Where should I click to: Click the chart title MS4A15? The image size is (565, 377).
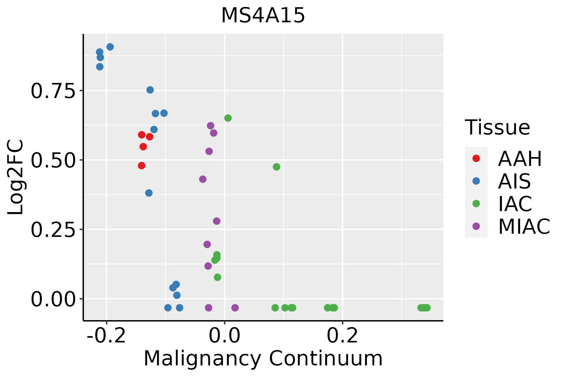point(263,16)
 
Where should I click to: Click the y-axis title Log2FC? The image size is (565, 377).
point(16,178)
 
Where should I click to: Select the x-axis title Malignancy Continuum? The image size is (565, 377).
point(263,358)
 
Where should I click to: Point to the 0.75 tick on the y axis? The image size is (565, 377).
point(53,91)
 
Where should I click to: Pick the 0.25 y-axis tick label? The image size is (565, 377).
point(53,230)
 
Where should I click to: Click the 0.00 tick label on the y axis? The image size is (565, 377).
point(53,299)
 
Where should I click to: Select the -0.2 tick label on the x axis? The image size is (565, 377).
point(106,336)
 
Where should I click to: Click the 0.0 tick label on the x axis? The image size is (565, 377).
point(224,336)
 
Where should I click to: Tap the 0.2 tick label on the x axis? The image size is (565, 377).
point(342,336)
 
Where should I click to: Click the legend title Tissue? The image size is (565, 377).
point(498,128)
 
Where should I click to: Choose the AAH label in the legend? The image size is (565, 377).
point(520,159)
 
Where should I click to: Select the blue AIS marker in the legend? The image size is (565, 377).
point(476,181)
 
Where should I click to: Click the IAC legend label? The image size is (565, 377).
point(515,204)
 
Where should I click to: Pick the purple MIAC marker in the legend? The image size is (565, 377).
point(476,226)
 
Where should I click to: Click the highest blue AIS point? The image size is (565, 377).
point(110,47)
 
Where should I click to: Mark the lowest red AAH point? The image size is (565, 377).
point(142,166)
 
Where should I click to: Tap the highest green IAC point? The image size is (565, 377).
point(228,118)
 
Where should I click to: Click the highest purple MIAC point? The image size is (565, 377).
point(211,126)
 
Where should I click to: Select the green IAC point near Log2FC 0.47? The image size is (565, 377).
point(277,167)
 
